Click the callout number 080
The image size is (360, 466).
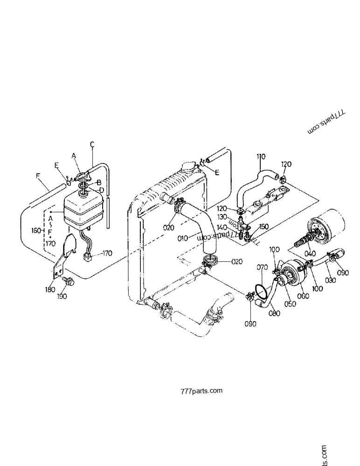(275, 313)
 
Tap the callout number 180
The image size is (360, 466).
(49, 289)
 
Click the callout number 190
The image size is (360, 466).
(62, 296)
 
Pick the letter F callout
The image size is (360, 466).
(38, 176)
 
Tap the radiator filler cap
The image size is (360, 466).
(188, 167)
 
